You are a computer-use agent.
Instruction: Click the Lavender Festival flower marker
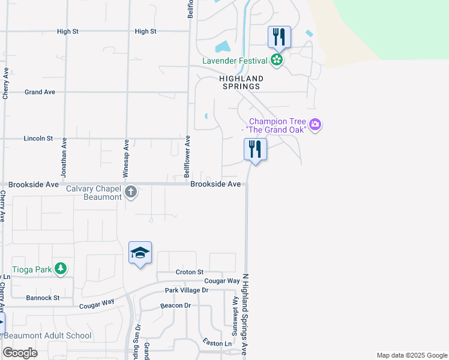(x=276, y=59)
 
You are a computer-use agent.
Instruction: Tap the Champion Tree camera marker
(x=316, y=125)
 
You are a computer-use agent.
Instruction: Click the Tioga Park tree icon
(x=60, y=269)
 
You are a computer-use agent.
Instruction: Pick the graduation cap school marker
(x=140, y=253)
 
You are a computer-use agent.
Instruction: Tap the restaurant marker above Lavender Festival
(x=279, y=37)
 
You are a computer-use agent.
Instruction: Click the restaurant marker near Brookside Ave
(x=255, y=149)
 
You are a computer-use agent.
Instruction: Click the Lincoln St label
(x=38, y=139)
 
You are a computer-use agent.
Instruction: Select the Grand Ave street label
(x=40, y=92)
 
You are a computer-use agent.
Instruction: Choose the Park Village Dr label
(x=186, y=290)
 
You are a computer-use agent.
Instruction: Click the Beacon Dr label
(x=175, y=305)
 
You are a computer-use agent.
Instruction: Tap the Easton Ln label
(x=217, y=343)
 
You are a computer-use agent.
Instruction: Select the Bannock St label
(x=43, y=298)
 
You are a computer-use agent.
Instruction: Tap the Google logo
(x=20, y=353)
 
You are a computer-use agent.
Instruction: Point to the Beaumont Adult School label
(x=53, y=336)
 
